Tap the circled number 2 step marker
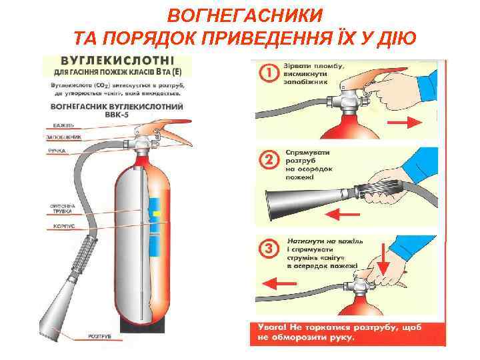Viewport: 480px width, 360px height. (x=268, y=159)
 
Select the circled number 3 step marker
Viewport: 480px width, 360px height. (x=268, y=249)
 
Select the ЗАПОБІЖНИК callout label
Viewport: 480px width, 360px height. (x=64, y=137)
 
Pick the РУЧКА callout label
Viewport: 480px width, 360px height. (x=57, y=151)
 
